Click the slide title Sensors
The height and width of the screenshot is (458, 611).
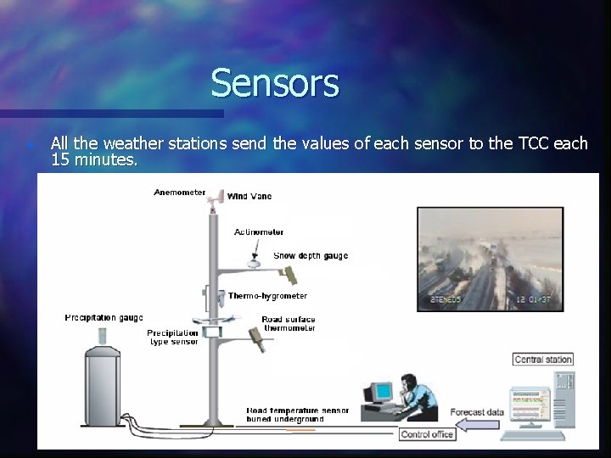point(274,83)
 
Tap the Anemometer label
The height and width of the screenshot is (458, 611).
point(179,193)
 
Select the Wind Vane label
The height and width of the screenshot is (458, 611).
point(249,197)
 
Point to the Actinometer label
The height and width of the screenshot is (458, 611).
point(259,232)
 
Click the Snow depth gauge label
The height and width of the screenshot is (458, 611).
point(311,255)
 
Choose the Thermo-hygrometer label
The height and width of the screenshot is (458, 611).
point(267,296)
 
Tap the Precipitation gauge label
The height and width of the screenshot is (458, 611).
point(104,318)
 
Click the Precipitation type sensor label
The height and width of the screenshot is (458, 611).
point(172,337)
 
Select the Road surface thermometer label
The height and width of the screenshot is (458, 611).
point(289,324)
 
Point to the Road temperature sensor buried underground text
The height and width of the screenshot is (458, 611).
point(297,415)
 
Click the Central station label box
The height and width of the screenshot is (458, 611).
point(543,360)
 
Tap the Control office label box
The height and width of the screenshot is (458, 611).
point(428,434)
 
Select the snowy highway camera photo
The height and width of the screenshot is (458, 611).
point(490,259)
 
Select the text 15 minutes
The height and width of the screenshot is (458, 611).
point(93,159)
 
